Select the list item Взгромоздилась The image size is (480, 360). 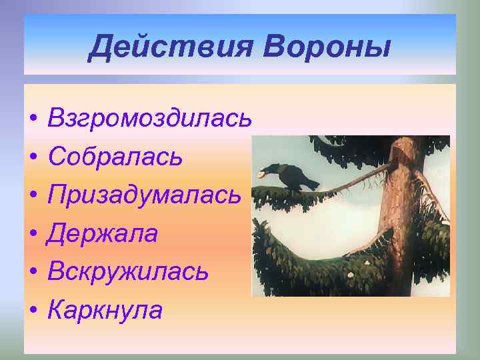150,119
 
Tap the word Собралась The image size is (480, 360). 115,157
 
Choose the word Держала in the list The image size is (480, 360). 103,233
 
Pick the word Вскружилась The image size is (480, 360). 129,271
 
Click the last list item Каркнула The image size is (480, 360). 105,309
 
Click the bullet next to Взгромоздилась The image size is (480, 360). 32,120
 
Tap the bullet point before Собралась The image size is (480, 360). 32,158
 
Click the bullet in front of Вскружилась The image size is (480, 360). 32,273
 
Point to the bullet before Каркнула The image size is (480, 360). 32,311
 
